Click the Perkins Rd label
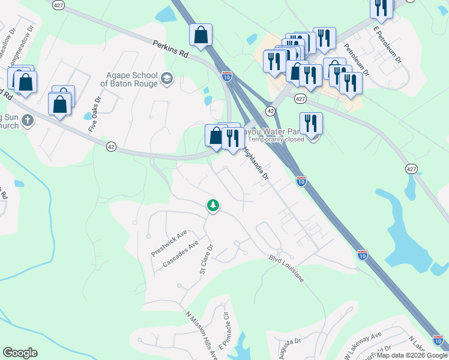[170, 49]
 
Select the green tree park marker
[212, 206]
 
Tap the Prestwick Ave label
[169, 243]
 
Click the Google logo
[20, 353]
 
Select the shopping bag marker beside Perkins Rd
[200, 36]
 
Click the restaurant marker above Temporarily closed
[311, 124]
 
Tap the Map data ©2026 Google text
[412, 355]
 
